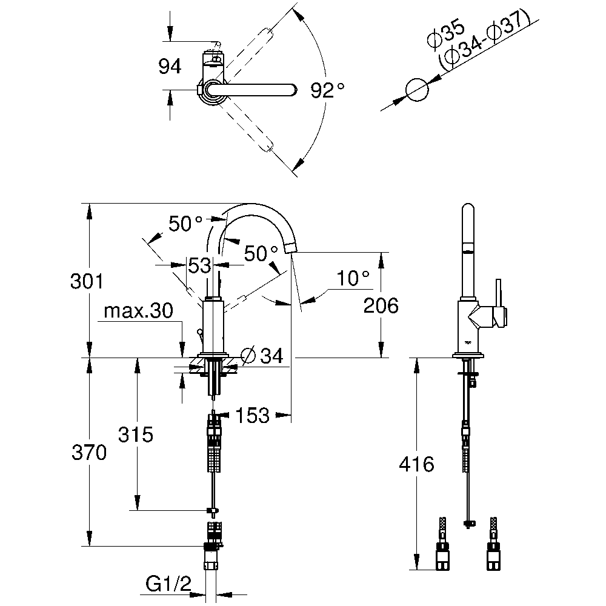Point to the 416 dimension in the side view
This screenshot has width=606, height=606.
tap(416, 465)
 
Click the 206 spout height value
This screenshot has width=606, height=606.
tap(381, 306)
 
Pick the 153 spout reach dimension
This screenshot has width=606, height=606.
tap(251, 415)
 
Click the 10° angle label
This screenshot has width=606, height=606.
tap(353, 279)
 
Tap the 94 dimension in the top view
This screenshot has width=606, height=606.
tap(170, 67)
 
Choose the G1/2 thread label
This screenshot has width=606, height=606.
tap(168, 584)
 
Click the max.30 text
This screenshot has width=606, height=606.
tap(139, 311)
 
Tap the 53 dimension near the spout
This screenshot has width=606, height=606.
tap(199, 265)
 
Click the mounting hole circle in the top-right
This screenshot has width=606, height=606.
tap(417, 90)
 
